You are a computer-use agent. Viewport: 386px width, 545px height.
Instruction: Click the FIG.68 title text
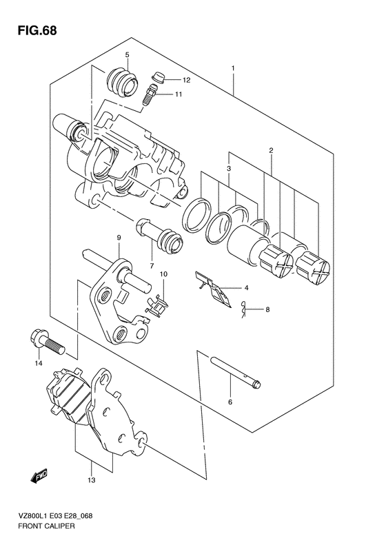pos(37,30)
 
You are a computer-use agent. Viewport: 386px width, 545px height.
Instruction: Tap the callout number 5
pos(127,54)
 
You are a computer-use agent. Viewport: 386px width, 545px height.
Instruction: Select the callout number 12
pos(186,81)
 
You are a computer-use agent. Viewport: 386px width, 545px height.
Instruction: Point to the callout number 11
pos(179,94)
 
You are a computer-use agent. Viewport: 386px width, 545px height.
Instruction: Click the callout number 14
pos(38,363)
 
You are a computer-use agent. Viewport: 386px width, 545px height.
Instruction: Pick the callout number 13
pos(92,480)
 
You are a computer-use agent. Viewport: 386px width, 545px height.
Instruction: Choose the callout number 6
pos(230,402)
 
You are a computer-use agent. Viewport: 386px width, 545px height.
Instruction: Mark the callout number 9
pos(119,238)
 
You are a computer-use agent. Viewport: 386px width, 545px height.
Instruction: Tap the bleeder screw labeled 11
pos(150,94)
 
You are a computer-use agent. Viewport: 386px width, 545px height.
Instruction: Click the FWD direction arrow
pos(39,476)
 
